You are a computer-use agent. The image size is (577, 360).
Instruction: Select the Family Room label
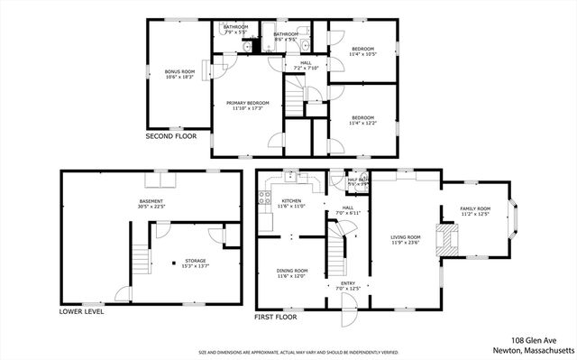pyautogui.click(x=475, y=211)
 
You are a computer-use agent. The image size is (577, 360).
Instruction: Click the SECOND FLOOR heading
pyautogui.click(x=171, y=136)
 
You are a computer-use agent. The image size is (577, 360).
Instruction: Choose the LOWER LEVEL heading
pyautogui.click(x=81, y=311)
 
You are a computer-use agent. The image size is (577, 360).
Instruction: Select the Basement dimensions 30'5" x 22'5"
pyautogui.click(x=151, y=206)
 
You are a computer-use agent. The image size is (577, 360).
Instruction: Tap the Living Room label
pyautogui.click(x=407, y=236)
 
